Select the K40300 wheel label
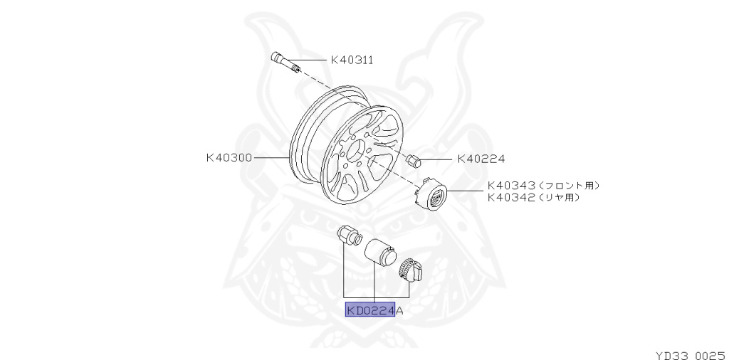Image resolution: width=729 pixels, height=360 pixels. pyautogui.click(x=229, y=157)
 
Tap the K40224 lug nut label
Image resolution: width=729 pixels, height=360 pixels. pyautogui.click(x=481, y=159)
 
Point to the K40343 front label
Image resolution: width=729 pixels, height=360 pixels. pyautogui.click(x=510, y=186)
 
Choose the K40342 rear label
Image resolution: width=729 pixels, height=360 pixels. pyautogui.click(x=510, y=198)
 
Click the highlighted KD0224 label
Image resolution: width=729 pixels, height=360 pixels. pyautogui.click(x=370, y=310)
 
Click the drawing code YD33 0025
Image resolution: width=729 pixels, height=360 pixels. pyautogui.click(x=690, y=353)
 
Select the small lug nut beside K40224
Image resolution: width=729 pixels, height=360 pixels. pyautogui.click(x=412, y=159)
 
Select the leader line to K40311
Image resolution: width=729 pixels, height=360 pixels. pyautogui.click(x=313, y=60)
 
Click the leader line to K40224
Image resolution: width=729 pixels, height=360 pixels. pyautogui.click(x=437, y=159)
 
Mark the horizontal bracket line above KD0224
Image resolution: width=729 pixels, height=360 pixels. pyautogui.click(x=376, y=296)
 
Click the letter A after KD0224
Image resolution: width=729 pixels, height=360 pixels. pyautogui.click(x=399, y=310)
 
